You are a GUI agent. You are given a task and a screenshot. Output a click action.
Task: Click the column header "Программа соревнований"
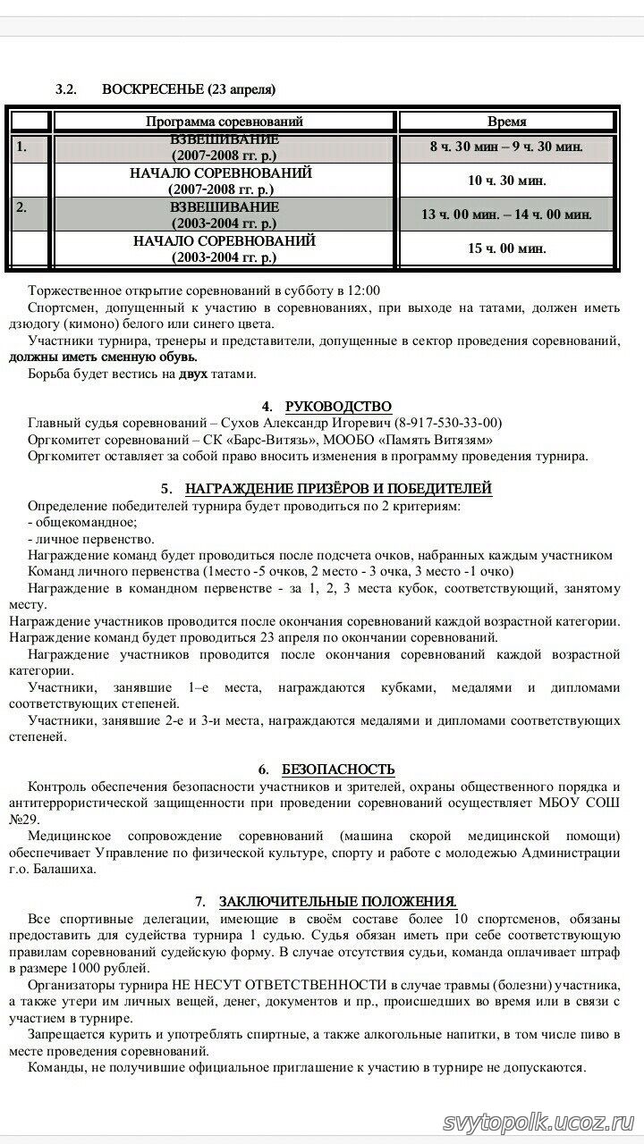[x=225, y=122]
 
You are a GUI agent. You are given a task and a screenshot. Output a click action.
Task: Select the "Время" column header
[x=506, y=122]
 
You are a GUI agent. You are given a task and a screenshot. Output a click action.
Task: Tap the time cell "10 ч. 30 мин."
[x=506, y=181]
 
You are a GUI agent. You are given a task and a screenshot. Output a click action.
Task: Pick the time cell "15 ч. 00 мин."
[x=506, y=248]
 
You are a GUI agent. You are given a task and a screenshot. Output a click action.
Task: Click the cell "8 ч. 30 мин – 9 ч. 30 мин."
[x=506, y=147]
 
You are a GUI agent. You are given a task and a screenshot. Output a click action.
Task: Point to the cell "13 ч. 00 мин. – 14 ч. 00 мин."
[x=506, y=214]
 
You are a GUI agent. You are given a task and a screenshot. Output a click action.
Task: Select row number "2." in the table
[x=23, y=207]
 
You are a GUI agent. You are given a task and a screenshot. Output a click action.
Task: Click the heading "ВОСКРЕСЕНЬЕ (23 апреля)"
[x=189, y=89]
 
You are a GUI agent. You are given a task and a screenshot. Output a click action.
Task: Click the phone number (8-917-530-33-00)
[x=448, y=423]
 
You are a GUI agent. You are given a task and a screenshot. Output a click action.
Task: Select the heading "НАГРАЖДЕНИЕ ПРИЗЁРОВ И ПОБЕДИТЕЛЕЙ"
[x=338, y=490]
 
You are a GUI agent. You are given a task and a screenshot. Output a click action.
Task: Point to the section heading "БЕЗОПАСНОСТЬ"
[x=338, y=770]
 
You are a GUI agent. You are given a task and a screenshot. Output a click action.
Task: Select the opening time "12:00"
[x=363, y=290]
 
